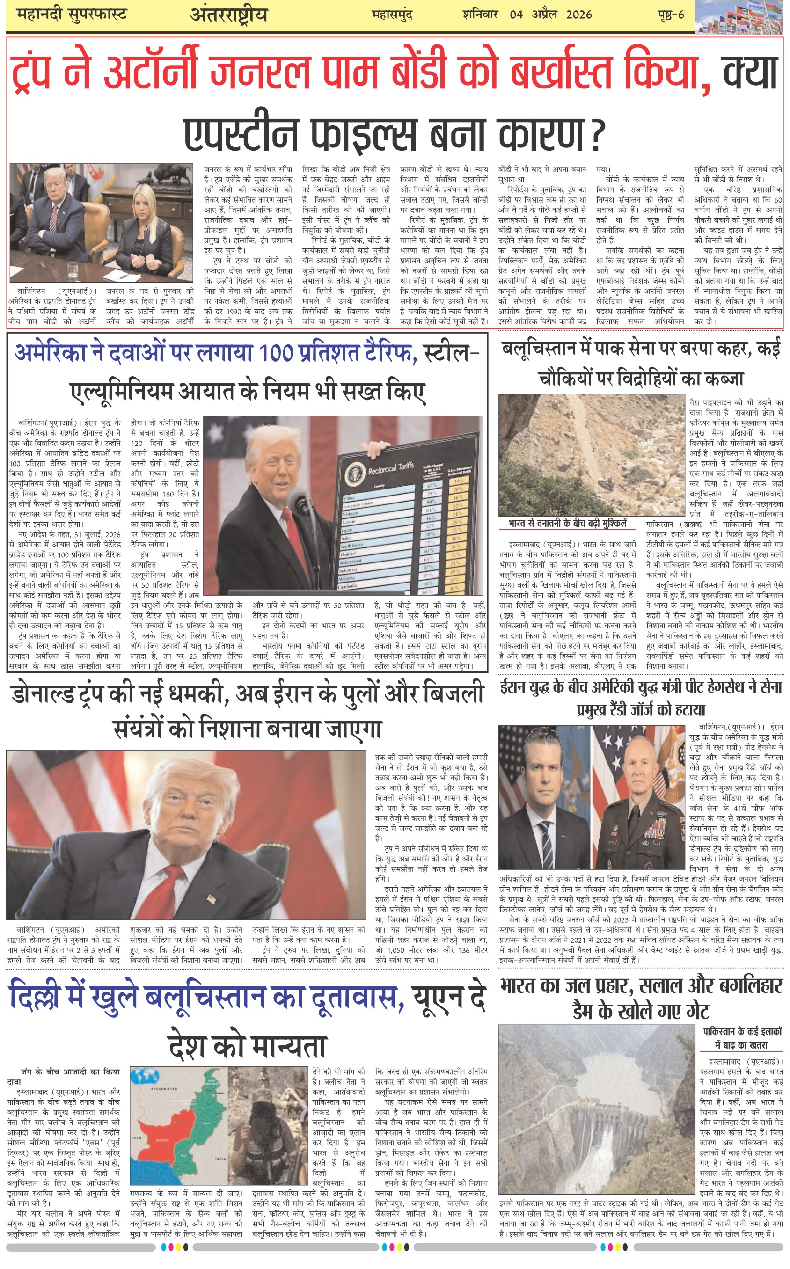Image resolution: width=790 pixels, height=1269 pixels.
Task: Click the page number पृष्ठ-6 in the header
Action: point(671,14)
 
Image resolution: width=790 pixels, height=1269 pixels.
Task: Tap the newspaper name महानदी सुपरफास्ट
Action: point(72,14)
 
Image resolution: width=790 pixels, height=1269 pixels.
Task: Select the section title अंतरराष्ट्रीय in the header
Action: point(228,15)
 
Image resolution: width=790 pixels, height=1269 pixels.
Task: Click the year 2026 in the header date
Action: point(578,14)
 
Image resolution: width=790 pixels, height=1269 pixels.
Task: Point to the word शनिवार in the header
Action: point(480,14)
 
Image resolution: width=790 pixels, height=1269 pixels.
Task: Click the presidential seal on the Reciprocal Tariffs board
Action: point(355,474)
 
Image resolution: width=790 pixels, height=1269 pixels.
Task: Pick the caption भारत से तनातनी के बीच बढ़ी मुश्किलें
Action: point(567,523)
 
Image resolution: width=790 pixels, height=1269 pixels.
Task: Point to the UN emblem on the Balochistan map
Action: point(141,1077)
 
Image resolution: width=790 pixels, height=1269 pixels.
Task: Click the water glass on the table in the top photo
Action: point(73,269)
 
